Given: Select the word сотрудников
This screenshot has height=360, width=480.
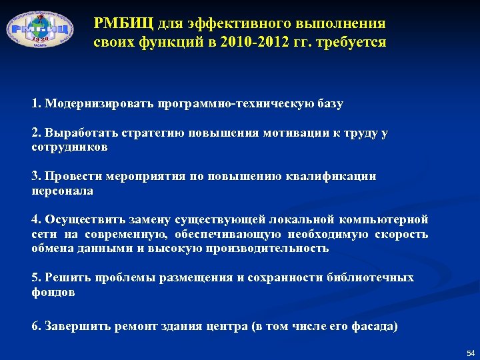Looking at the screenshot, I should (69, 147).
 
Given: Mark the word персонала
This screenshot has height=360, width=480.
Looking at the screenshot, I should (63, 191).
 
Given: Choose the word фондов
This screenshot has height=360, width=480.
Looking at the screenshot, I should (53, 292).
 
